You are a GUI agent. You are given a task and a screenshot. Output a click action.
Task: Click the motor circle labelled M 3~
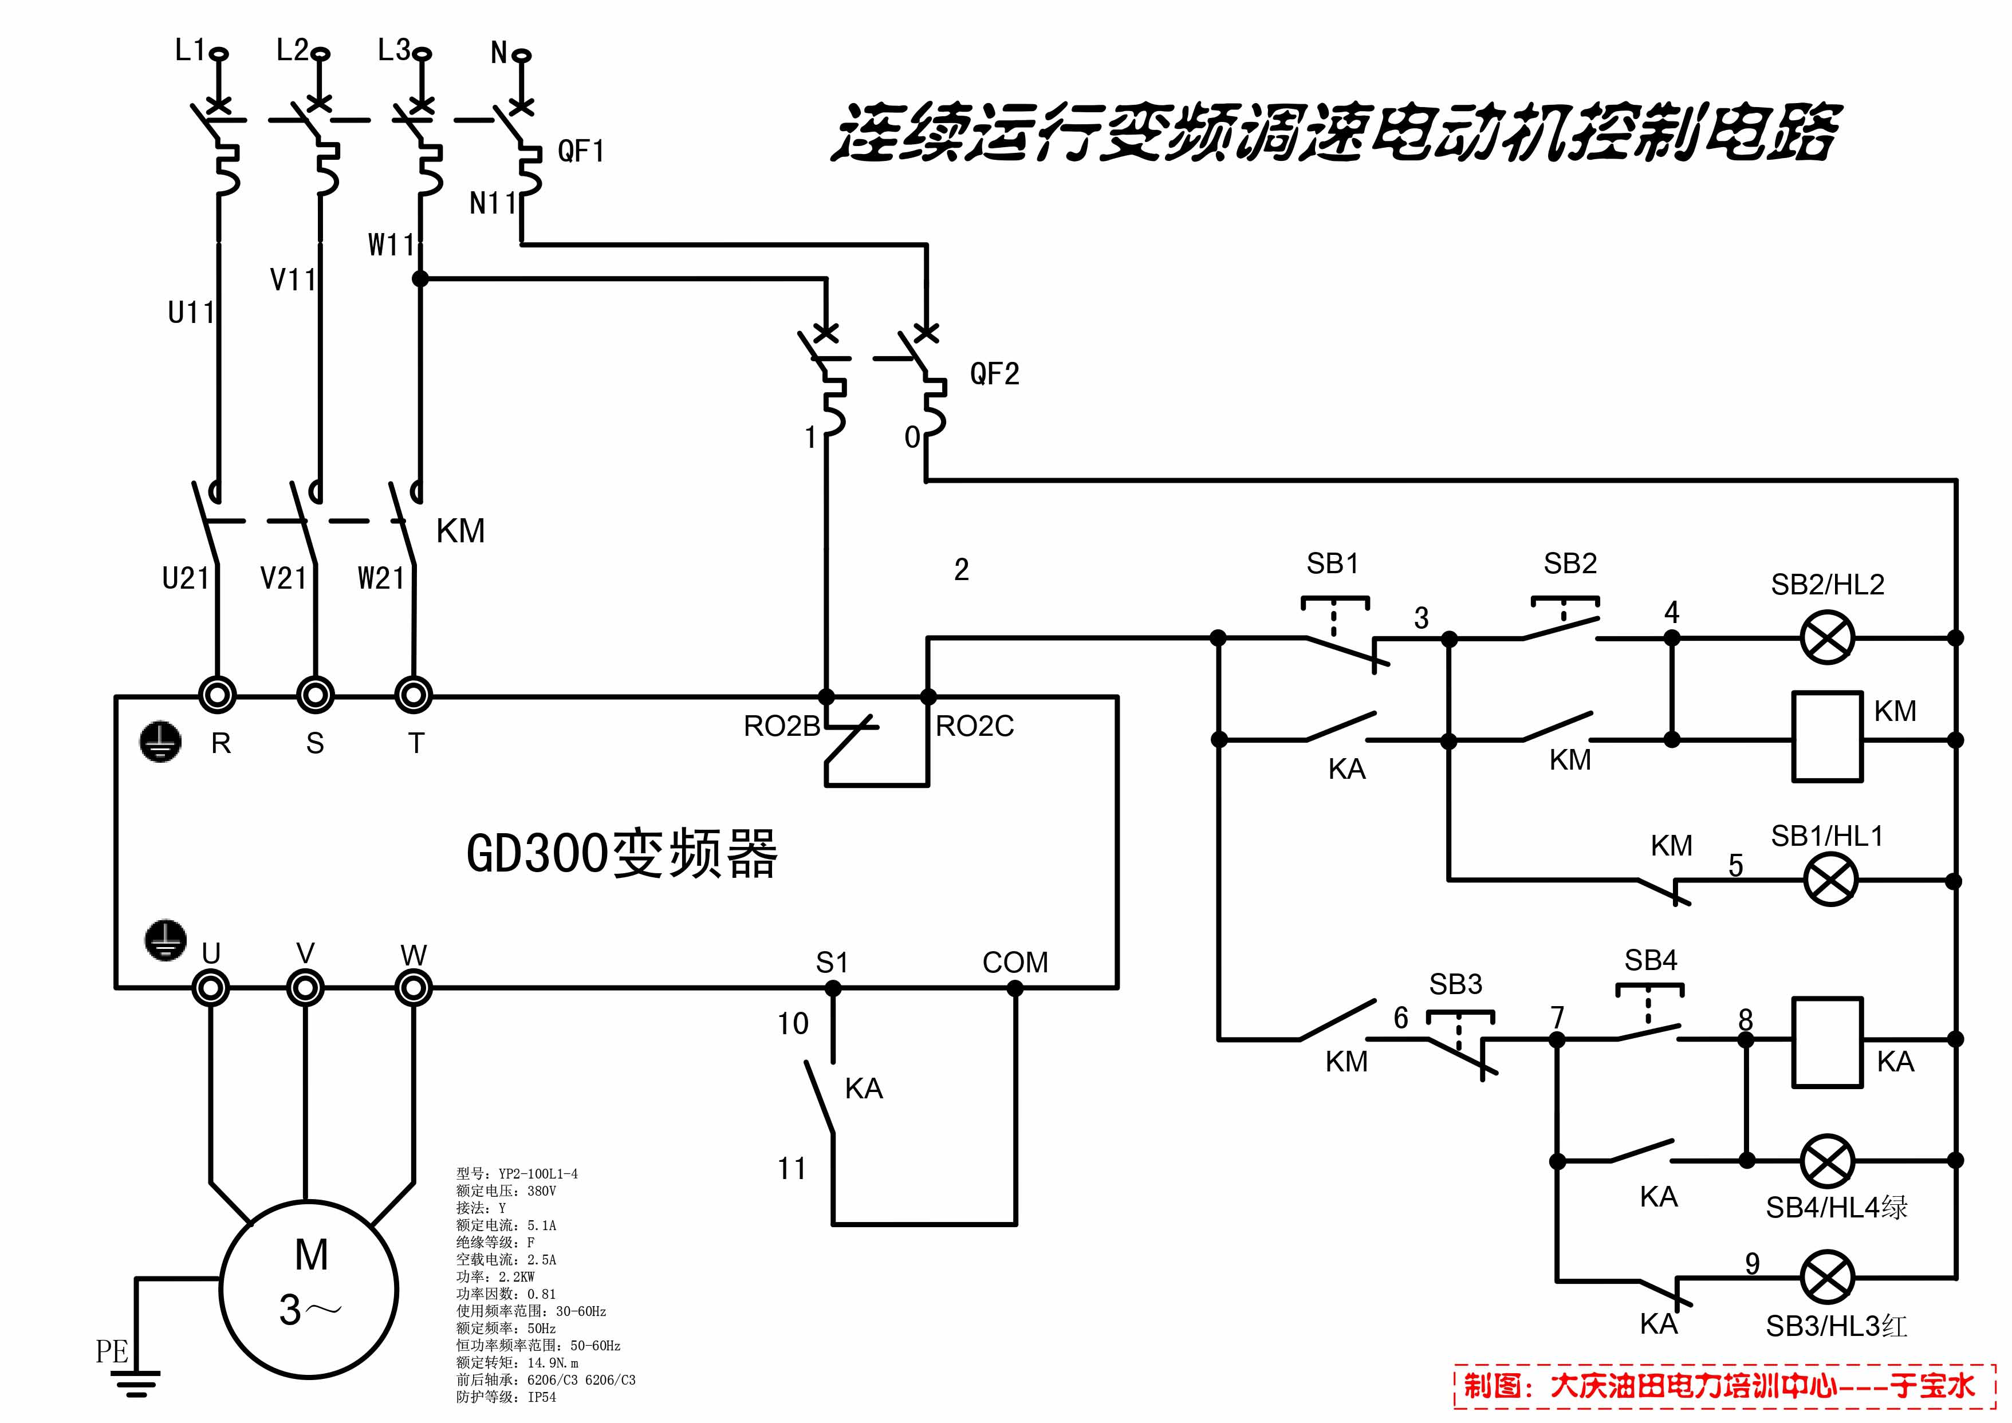[x=309, y=1289]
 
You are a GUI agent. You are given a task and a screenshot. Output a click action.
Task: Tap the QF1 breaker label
[x=581, y=152]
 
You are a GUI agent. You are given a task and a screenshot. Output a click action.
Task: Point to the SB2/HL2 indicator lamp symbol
[x=1827, y=638]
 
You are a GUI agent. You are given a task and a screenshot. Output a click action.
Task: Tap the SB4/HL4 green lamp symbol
[x=1827, y=1160]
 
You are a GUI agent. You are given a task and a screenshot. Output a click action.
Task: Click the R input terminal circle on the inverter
[x=217, y=696]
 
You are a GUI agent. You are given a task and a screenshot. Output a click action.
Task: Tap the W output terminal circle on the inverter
[x=414, y=988]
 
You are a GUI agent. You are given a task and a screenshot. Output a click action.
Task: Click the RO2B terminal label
[x=781, y=727]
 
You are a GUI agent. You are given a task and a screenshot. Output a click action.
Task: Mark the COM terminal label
[x=1015, y=962]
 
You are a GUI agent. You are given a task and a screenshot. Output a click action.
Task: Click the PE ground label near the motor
[x=112, y=1351]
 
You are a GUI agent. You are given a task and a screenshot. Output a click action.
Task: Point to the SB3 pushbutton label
[x=1455, y=984]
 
